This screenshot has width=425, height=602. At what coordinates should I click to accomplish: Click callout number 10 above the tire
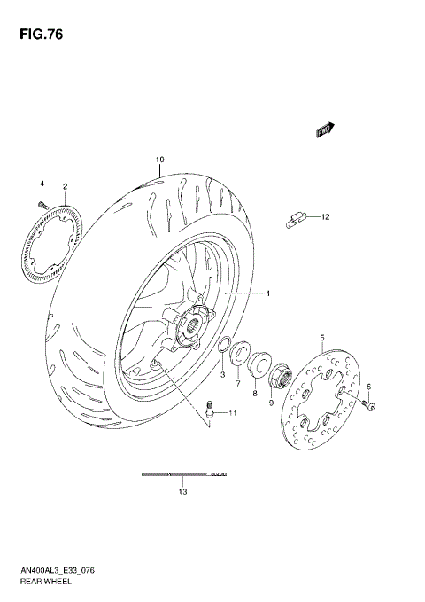pos(159,160)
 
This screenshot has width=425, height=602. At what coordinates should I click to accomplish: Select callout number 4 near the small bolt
pos(41,183)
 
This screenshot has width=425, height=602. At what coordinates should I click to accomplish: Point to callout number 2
pos(66,187)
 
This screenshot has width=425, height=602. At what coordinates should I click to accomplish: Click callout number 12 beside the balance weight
pos(325,216)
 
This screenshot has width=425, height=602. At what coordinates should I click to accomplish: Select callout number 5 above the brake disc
pos(322,338)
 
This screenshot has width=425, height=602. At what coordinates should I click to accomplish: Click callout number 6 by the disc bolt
pos(369,387)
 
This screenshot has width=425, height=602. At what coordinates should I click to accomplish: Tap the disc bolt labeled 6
pos(369,405)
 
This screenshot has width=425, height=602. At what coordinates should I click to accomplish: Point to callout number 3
pos(223,375)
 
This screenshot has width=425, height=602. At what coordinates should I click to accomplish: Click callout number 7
pos(237,383)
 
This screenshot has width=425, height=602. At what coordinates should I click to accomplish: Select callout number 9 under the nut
pos(273,403)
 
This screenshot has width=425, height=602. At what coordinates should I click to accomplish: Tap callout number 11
pos(233,413)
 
